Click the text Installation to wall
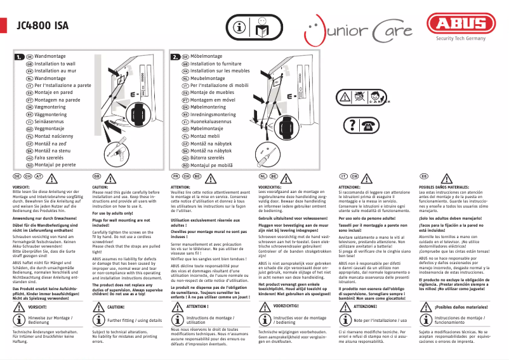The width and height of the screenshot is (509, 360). coord(55,64)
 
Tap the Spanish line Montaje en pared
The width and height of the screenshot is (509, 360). coord(53,92)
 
